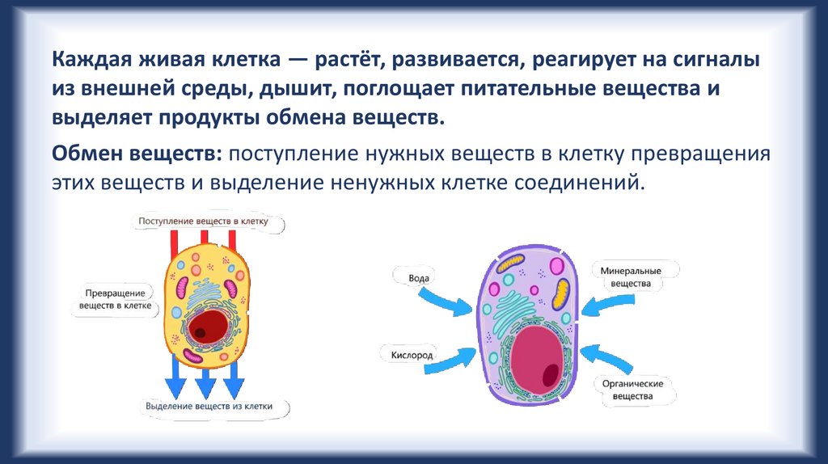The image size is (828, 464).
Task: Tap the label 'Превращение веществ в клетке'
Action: (x=115, y=299)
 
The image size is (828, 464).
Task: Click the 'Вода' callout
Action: (x=419, y=277)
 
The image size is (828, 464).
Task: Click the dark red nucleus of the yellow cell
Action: (x=209, y=324)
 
